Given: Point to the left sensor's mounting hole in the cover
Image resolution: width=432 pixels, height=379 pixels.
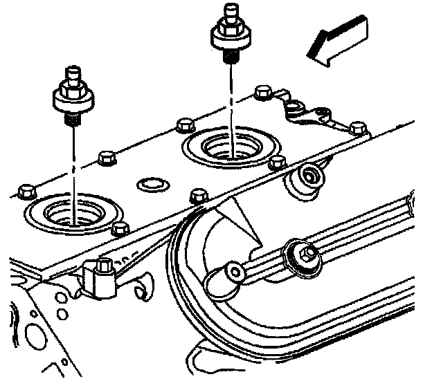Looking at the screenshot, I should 73,212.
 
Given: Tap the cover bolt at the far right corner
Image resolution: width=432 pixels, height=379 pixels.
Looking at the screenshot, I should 357,127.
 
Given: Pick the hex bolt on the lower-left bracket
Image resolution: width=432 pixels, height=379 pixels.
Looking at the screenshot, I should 105,266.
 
